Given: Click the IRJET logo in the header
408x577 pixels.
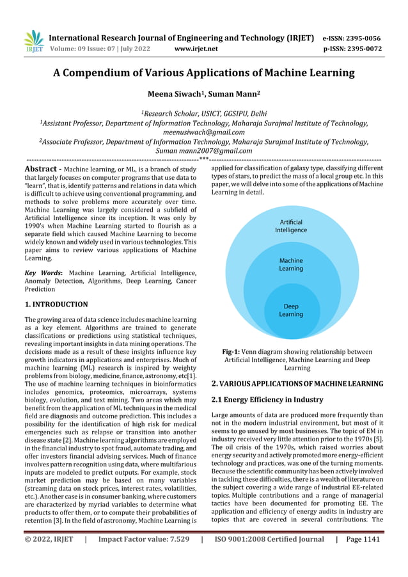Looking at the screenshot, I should point(33,42).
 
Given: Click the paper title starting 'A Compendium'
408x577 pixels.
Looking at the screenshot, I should point(203,73).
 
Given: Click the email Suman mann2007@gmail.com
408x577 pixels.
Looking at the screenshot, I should point(203,151).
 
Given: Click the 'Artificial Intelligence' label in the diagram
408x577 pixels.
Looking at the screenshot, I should point(291,226).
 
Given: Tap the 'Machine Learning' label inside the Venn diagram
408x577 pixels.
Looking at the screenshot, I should point(291,265).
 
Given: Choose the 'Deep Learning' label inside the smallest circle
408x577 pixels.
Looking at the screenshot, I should point(291,310).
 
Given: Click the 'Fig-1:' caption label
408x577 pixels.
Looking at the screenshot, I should point(232,352).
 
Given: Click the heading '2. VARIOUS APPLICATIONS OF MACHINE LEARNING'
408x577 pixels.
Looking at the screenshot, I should point(297,384).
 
